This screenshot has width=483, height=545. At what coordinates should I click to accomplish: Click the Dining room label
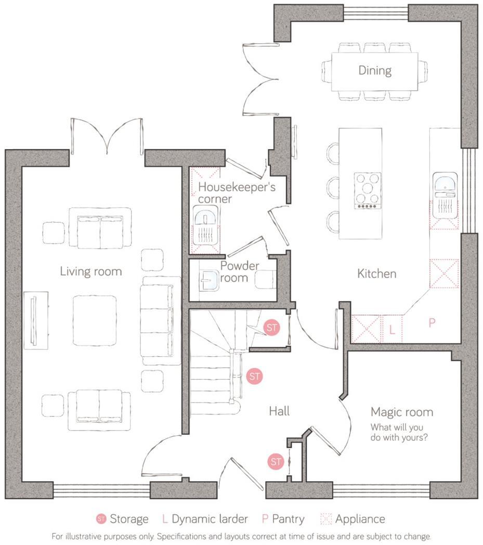(x=374, y=70)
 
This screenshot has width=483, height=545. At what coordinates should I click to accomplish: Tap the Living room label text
(x=90, y=271)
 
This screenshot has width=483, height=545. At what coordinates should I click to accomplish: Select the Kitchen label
(x=376, y=273)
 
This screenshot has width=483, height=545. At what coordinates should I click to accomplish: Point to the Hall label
(x=279, y=411)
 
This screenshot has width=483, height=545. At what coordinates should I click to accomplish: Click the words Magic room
(x=401, y=412)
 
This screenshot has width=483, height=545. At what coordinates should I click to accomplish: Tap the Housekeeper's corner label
(x=237, y=192)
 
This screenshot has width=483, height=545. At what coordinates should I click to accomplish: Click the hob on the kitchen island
(x=367, y=190)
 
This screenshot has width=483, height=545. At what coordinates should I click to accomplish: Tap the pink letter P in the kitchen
(x=432, y=323)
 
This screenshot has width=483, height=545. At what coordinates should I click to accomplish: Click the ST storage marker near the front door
(x=276, y=461)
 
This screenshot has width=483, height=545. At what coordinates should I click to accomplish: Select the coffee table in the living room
(x=95, y=320)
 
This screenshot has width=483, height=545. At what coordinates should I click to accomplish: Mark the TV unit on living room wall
(x=35, y=320)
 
